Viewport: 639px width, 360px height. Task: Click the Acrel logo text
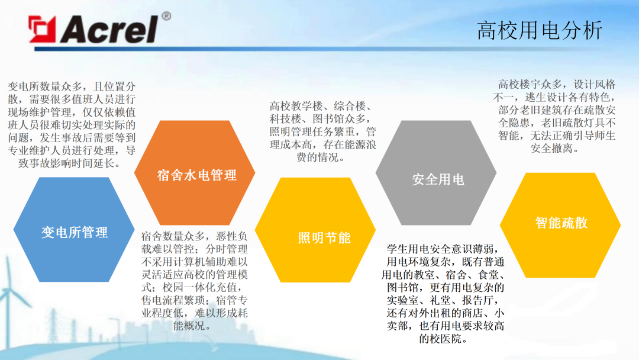(109, 28)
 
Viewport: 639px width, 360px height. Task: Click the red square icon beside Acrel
(43, 29)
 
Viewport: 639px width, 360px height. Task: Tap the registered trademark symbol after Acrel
(166, 16)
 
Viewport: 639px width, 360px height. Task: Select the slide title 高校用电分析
(539, 30)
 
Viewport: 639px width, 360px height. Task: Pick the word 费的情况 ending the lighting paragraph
(320, 158)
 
